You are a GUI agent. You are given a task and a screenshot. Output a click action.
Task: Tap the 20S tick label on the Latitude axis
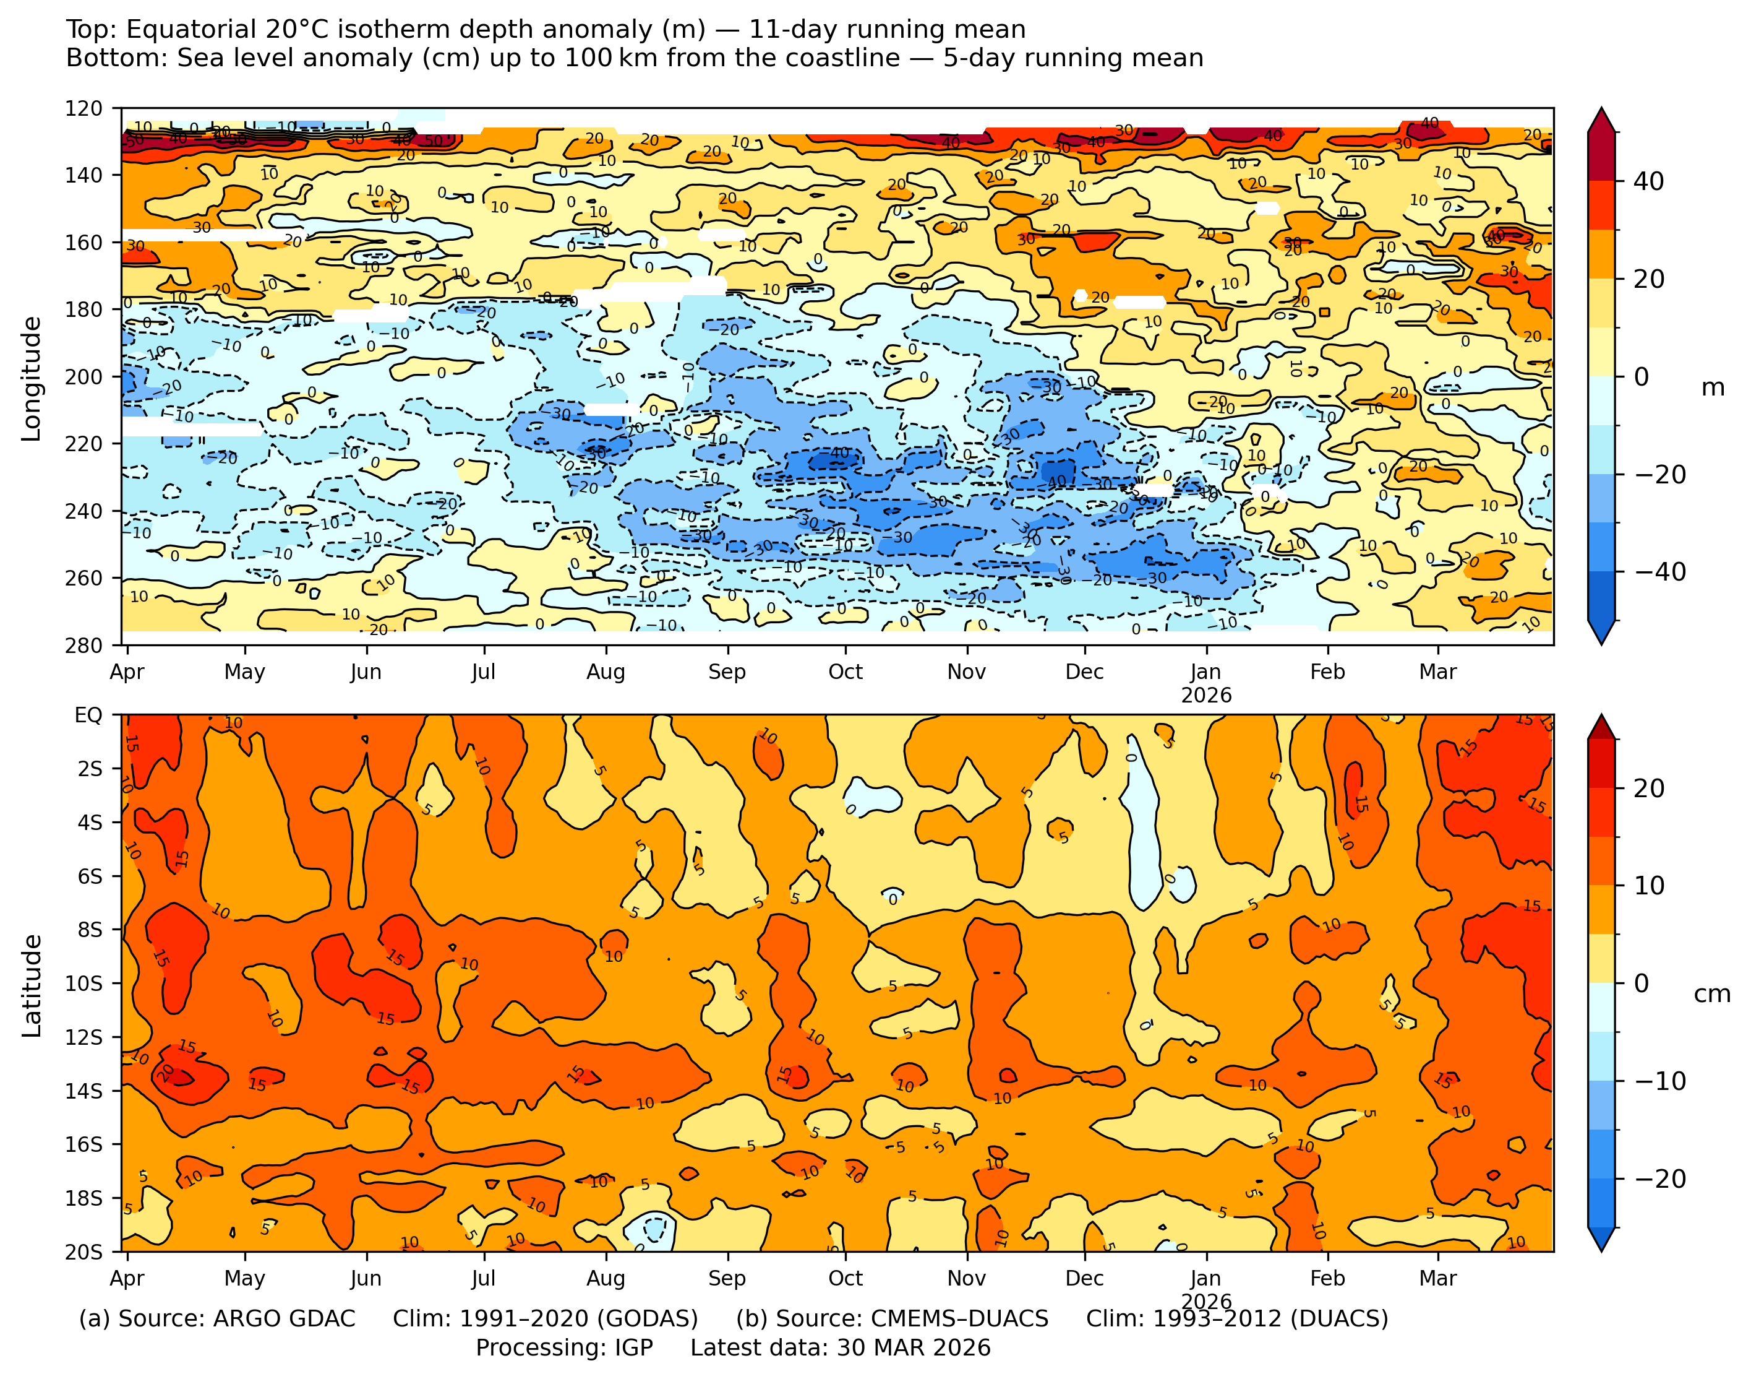click(84, 1252)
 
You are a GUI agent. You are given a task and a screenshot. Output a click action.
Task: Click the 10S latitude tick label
click(84, 983)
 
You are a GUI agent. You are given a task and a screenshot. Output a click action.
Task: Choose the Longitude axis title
click(32, 378)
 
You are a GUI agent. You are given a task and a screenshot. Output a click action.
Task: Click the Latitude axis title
click(32, 985)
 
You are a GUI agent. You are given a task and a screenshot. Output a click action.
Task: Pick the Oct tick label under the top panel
click(845, 672)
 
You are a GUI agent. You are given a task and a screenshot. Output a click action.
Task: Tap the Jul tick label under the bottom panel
click(483, 1278)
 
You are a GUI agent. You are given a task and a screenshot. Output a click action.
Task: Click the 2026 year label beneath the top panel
click(1205, 695)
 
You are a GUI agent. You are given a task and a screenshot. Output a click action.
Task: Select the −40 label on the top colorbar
click(1661, 572)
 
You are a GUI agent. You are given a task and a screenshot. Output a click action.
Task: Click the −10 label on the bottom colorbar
click(1661, 1081)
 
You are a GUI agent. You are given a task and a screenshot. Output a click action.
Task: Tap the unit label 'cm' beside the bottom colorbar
click(1712, 994)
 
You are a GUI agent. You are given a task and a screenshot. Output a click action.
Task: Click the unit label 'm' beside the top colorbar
click(1712, 387)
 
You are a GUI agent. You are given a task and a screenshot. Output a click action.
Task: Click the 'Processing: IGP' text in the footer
click(564, 1348)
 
